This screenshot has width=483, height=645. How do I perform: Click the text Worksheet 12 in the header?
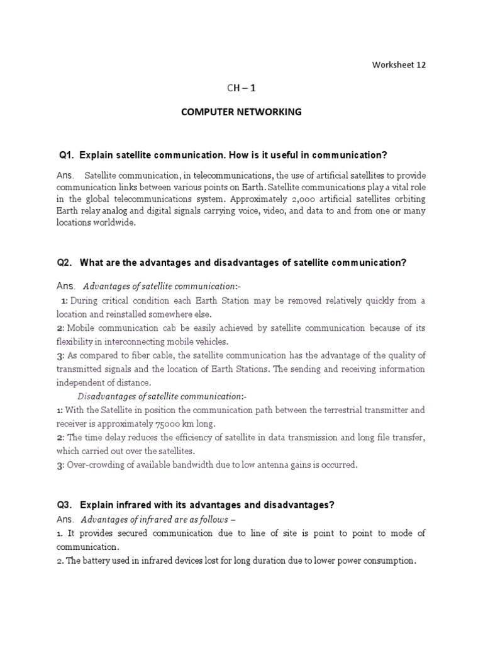click(399, 65)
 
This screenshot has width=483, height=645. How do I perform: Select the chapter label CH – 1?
click(241, 89)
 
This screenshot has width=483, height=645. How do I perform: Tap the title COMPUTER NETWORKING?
click(241, 112)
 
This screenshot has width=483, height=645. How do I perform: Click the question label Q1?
click(67, 155)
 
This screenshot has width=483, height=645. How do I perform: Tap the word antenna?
click(249, 465)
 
